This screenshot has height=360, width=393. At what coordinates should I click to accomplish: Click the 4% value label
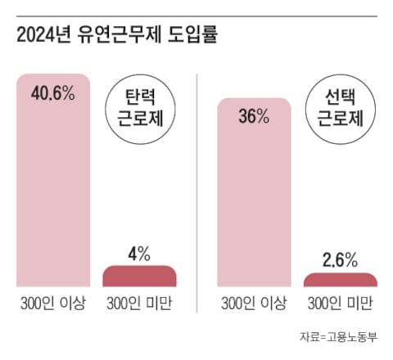click(138, 254)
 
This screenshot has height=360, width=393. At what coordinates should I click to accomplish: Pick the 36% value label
click(254, 116)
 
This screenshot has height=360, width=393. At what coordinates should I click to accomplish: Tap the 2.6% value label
click(339, 261)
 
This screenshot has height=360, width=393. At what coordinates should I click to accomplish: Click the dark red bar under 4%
click(138, 276)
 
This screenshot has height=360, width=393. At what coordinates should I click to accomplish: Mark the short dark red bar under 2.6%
click(339, 280)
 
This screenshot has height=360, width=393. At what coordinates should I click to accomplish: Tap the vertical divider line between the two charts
click(197, 180)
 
